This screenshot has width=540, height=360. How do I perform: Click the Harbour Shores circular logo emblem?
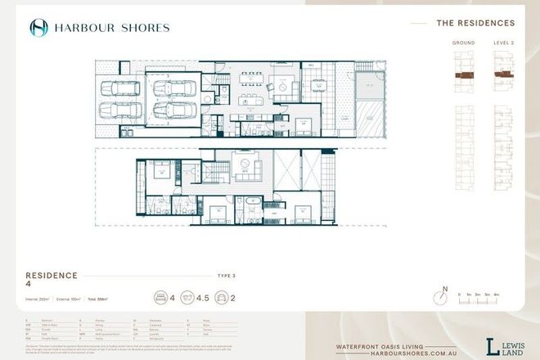pos(38,28)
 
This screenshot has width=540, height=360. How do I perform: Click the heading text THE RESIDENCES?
pos(475,24)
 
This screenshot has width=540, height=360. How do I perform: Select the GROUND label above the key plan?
pos(463,42)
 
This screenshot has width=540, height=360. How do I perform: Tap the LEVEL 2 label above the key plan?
pos(503,42)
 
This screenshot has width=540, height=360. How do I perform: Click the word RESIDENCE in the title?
pos(50,276)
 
